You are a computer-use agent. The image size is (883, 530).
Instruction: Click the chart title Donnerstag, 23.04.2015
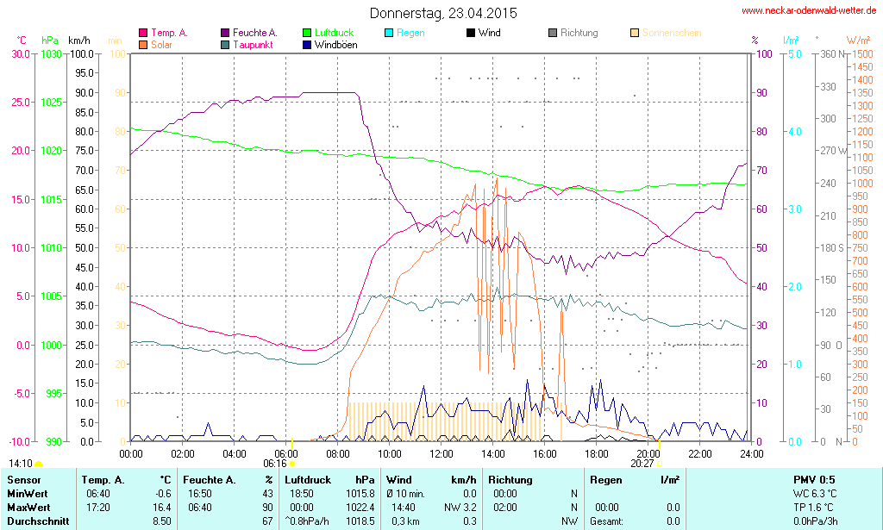click(437, 14)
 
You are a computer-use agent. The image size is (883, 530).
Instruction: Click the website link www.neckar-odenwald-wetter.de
click(810, 11)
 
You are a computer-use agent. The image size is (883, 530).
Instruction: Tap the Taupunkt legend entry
click(253, 45)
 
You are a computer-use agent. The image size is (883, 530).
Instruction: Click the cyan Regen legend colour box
click(389, 34)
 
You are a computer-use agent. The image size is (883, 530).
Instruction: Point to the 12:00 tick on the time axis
click(441, 453)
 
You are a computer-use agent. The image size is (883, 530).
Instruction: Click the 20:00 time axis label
click(648, 453)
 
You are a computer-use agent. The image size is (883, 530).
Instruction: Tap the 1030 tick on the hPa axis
click(51, 53)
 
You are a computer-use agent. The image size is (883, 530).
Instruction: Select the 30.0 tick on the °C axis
click(20, 53)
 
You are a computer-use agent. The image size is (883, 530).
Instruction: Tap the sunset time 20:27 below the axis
click(642, 464)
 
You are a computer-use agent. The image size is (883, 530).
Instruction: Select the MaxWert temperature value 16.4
click(160, 508)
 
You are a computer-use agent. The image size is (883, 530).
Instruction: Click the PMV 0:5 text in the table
click(813, 480)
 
